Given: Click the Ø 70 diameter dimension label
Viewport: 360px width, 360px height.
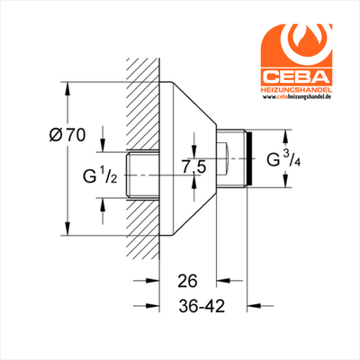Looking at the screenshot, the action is pyautogui.click(x=67, y=136).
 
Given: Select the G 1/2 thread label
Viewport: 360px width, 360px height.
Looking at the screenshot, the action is pyautogui.click(x=100, y=175).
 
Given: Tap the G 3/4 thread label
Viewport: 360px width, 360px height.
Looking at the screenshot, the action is pyautogui.click(x=284, y=158).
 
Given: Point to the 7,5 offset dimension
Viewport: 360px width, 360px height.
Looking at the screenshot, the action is pyautogui.click(x=193, y=167).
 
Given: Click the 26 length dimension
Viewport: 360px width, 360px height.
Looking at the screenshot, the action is pyautogui.click(x=187, y=281).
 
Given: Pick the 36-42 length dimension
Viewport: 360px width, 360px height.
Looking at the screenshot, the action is pyautogui.click(x=202, y=306).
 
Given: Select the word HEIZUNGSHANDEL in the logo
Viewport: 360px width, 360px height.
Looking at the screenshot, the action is pyautogui.click(x=296, y=90).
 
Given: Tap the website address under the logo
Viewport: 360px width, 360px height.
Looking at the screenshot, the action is pyautogui.click(x=296, y=97).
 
